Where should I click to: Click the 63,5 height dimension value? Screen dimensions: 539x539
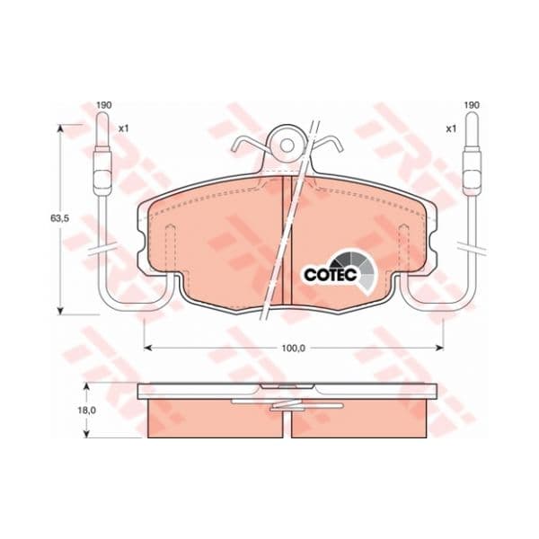pos(60,218)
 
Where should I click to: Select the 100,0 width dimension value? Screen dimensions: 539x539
pos(293,349)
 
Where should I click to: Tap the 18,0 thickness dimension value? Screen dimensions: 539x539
pos(86,411)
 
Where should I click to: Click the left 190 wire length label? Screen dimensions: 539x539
pos(104,105)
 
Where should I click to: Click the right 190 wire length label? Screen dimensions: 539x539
pos(472,105)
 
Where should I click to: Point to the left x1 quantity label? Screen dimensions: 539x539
pos(123,128)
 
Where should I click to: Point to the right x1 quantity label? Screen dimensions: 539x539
pos(451,128)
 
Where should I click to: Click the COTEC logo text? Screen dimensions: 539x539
pos(331,274)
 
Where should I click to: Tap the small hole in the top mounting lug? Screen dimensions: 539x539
pos(287,146)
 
